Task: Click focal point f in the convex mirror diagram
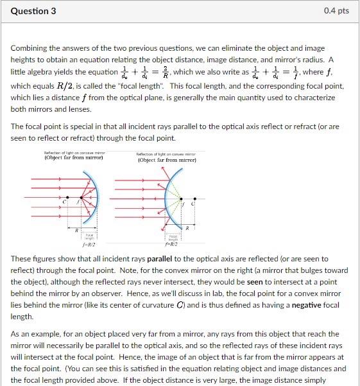tap(182, 204)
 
